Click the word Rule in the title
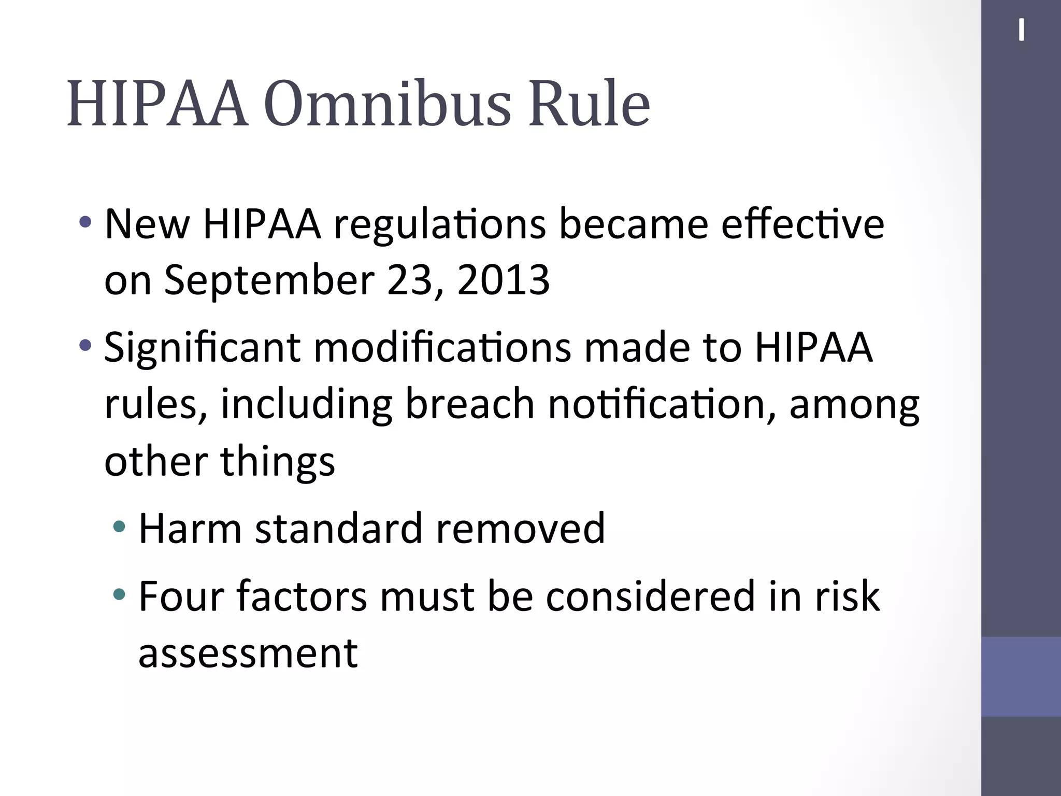point(589,104)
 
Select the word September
point(269,280)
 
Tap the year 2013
point(503,280)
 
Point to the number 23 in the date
point(409,280)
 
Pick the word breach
point(469,404)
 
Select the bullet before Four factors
point(119,594)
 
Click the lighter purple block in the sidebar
point(1021,676)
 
